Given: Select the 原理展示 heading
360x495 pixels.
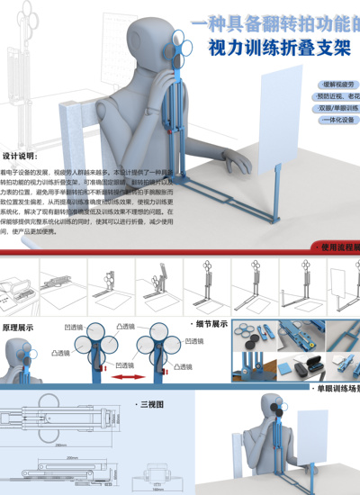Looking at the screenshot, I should point(19,328).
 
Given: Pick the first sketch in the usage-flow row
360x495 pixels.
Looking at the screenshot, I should point(22,283).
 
